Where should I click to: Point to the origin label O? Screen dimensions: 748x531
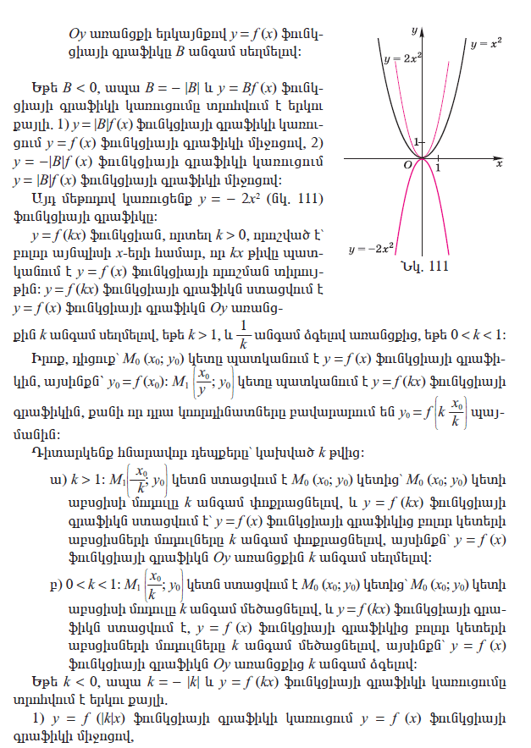pos(407,164)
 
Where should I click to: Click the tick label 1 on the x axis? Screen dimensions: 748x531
pos(437,167)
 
